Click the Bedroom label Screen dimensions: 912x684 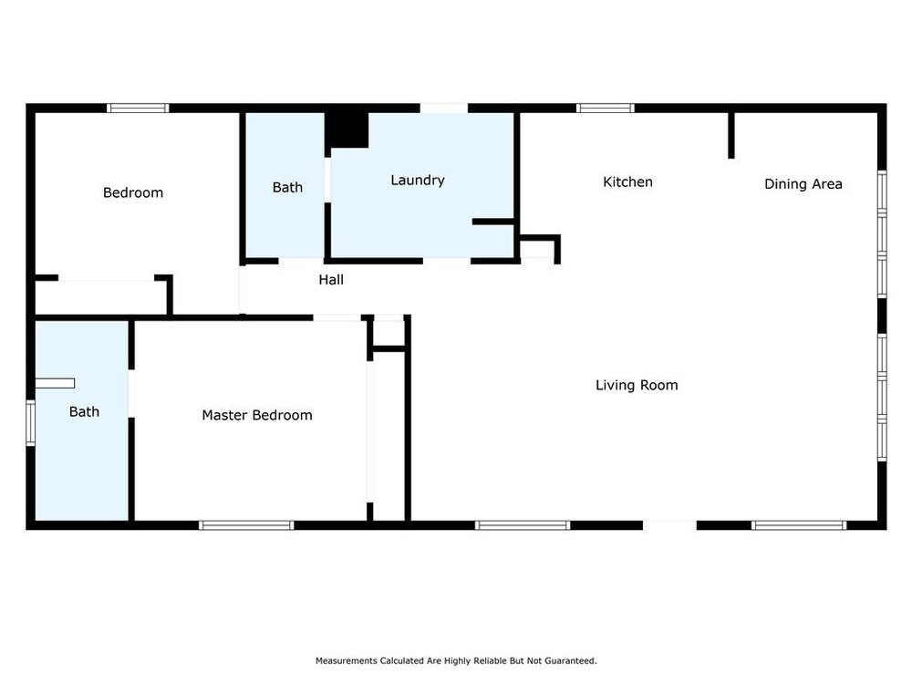click(x=132, y=192)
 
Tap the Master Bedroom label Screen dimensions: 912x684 click(x=257, y=415)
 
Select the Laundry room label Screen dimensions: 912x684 click(x=418, y=181)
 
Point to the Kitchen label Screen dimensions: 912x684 click(x=627, y=182)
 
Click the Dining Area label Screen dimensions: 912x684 click(x=803, y=184)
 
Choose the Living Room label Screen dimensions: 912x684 click(x=637, y=385)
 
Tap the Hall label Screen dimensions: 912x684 click(x=331, y=280)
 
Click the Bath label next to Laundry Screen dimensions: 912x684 click(x=287, y=187)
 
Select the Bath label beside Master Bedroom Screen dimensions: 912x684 click(x=84, y=412)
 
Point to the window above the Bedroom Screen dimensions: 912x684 click(x=138, y=109)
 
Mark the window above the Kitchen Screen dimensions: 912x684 click(x=606, y=109)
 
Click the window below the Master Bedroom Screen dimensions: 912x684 click(x=246, y=525)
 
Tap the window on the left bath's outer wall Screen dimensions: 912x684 click(x=30, y=423)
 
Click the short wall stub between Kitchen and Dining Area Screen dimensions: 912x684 click(x=731, y=135)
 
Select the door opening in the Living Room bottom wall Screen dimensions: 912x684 click(x=669, y=525)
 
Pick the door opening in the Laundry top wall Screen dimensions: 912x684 click(x=444, y=109)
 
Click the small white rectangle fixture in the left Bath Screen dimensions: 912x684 click(x=55, y=383)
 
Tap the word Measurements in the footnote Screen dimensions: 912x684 click(x=346, y=660)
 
